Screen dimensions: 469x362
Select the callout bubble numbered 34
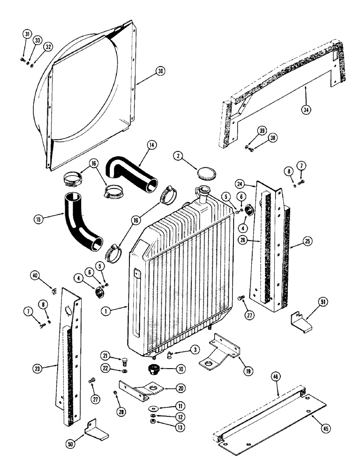click(x=306, y=110)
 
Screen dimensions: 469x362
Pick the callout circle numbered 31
click(x=26, y=34)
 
